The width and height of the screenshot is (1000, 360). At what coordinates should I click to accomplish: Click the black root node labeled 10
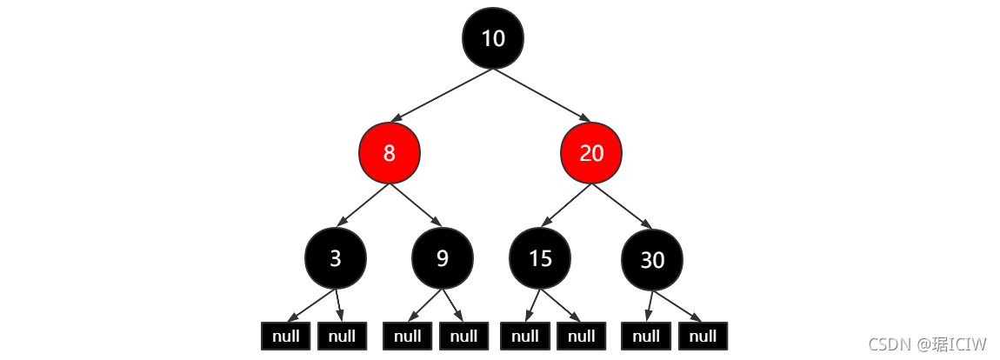pyautogui.click(x=493, y=38)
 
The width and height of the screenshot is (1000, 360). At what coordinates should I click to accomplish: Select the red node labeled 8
pyautogui.click(x=389, y=153)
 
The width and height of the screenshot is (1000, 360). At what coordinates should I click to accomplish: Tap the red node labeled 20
pyautogui.click(x=591, y=153)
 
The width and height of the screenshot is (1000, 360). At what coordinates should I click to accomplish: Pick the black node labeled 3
pyautogui.click(x=336, y=258)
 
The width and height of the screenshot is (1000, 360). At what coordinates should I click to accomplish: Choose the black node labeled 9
pyautogui.click(x=443, y=258)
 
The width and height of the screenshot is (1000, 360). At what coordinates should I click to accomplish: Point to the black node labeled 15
pyautogui.click(x=540, y=258)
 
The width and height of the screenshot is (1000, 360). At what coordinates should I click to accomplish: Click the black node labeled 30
pyautogui.click(x=652, y=260)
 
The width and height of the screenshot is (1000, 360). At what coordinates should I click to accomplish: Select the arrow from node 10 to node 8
pyautogui.click(x=441, y=95)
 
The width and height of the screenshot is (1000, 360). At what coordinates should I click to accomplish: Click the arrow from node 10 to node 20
pyautogui.click(x=542, y=95)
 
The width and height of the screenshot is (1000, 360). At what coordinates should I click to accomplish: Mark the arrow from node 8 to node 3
pyautogui.click(x=363, y=205)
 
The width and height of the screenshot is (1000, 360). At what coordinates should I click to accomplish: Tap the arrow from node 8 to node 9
pyautogui.click(x=416, y=205)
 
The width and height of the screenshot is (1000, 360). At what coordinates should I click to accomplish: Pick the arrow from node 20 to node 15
pyautogui.click(x=566, y=205)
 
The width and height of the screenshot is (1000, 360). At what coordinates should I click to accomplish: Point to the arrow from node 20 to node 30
pyautogui.click(x=622, y=206)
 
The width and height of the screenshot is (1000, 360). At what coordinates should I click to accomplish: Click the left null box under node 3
pyautogui.click(x=286, y=336)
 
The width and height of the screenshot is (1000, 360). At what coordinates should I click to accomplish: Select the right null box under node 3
pyautogui.click(x=342, y=336)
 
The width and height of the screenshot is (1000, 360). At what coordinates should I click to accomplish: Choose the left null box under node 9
pyautogui.click(x=408, y=336)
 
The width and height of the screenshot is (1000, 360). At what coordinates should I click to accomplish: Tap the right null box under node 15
pyautogui.click(x=582, y=336)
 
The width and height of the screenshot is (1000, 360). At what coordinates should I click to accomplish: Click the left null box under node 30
pyautogui.click(x=646, y=336)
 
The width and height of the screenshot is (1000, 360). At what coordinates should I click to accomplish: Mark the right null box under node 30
pyautogui.click(x=703, y=336)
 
